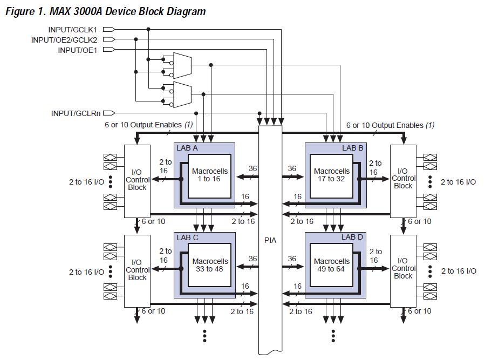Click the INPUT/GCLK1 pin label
click(72, 30)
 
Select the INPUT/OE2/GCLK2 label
click(64, 40)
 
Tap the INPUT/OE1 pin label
click(77, 50)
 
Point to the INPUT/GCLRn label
click(76, 113)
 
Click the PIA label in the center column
click(270, 240)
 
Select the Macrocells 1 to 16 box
click(209, 176)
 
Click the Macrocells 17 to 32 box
click(331, 176)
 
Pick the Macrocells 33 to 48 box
click(209, 266)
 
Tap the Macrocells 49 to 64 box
click(331, 266)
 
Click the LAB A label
click(187, 148)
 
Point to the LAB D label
click(352, 237)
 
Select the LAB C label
click(187, 237)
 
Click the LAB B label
click(352, 148)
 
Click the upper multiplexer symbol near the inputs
click(182, 65)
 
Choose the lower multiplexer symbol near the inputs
click(182, 94)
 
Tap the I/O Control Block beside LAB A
click(138, 181)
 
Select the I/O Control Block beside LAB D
click(403, 271)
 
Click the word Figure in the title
click(20, 11)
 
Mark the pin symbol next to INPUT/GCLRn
click(109, 113)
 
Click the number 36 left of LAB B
click(292, 168)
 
